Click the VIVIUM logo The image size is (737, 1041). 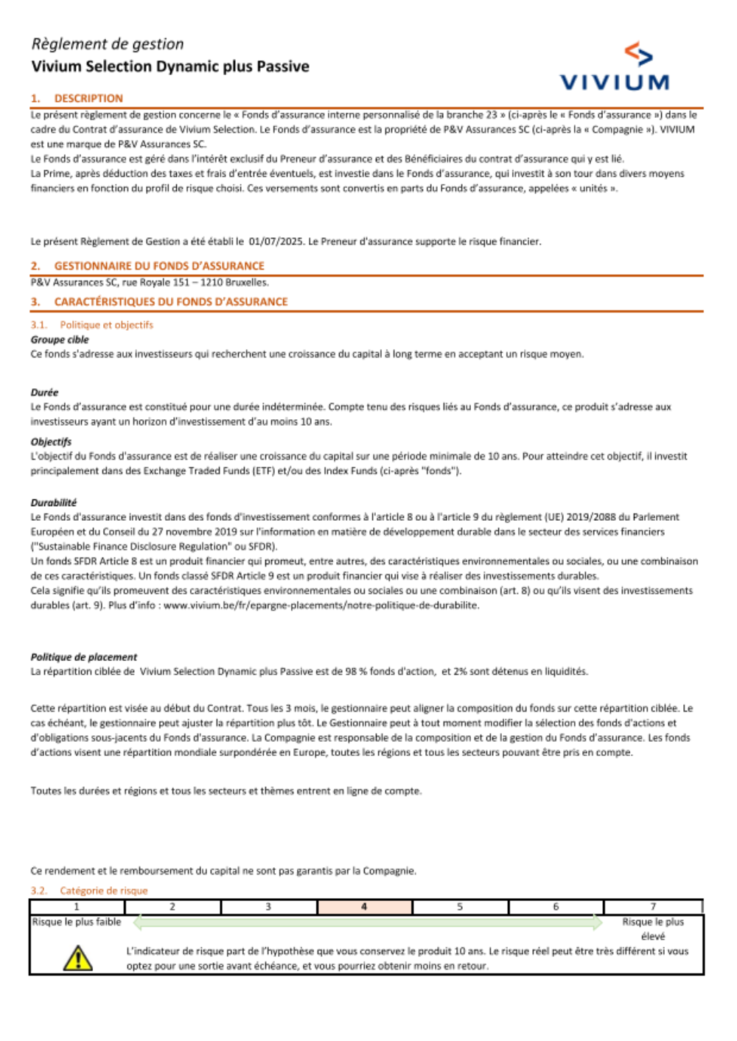(614, 68)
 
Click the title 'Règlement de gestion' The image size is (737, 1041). (108, 44)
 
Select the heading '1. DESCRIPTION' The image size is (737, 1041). (77, 99)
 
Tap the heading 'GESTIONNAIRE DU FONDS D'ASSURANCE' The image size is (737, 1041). (158, 266)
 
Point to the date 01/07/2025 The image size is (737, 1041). (276, 242)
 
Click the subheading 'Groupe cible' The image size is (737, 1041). (60, 340)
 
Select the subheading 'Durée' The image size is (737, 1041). (44, 393)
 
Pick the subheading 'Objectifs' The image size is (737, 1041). (51, 442)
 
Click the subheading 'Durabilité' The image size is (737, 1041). (53, 502)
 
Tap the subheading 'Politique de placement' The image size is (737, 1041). (84, 657)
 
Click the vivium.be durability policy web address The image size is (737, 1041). (321, 606)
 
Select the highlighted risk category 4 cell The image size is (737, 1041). (364, 907)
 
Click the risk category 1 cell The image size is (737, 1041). (77, 907)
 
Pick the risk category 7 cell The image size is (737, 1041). (652, 907)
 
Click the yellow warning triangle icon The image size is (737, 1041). (77, 958)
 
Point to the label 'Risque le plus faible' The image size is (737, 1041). (77, 922)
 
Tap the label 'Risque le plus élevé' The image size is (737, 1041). (653, 929)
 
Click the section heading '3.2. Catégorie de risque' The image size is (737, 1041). (89, 891)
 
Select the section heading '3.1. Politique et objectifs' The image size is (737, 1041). (92, 325)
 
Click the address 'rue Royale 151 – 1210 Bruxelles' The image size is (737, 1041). (195, 282)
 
